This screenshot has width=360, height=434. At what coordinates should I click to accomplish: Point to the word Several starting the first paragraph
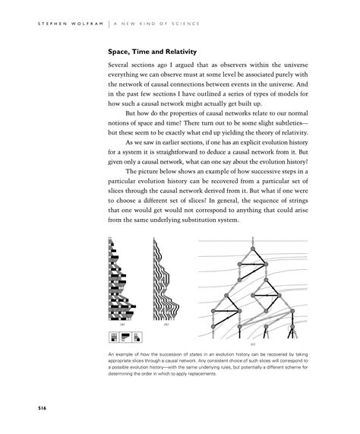click(123, 67)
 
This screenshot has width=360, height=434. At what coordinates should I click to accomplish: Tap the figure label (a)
click(122, 323)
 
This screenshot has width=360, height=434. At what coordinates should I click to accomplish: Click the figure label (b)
click(166, 323)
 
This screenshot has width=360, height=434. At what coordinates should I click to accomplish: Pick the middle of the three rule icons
click(127, 335)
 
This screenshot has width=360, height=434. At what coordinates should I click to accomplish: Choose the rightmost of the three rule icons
click(139, 335)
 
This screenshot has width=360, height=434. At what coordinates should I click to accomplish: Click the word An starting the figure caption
click(112, 356)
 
